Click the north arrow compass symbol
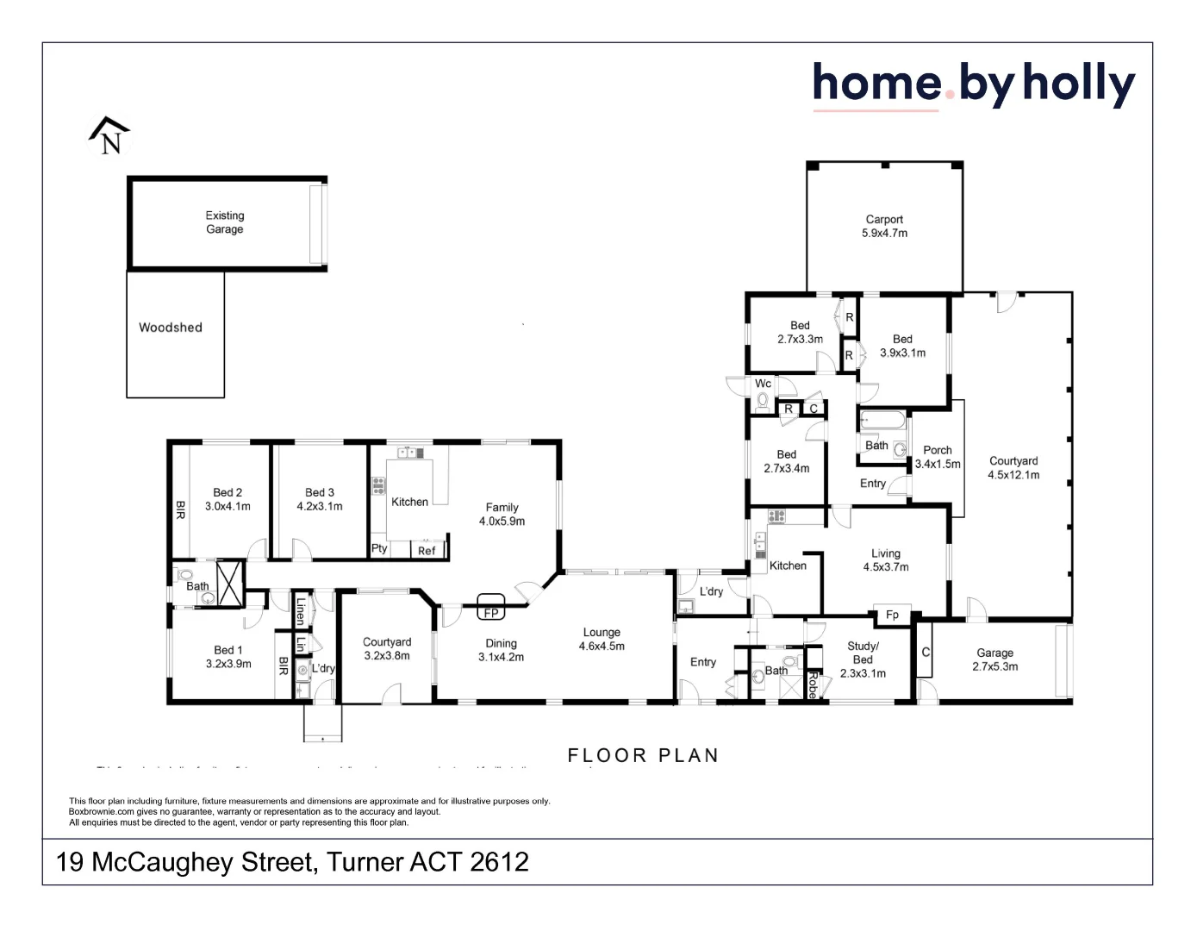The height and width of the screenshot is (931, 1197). (109, 136)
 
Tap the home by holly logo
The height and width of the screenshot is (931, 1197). (973, 84)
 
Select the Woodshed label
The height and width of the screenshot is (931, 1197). (171, 328)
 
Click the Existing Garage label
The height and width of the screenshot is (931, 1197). (224, 222)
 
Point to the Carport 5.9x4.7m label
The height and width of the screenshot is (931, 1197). (884, 227)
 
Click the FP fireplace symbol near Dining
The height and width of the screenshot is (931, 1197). (490, 613)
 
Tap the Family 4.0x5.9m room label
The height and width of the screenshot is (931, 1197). (502, 515)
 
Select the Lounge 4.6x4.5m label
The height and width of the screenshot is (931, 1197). (602, 640)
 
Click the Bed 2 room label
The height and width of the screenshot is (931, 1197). (228, 499)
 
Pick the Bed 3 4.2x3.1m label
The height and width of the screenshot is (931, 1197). (320, 499)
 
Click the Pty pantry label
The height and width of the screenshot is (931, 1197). (379, 548)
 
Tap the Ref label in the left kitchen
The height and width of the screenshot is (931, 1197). (427, 551)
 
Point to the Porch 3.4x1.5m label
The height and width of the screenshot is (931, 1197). (938, 457)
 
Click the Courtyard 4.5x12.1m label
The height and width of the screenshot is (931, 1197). (1013, 468)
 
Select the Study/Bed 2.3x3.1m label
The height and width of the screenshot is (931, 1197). (863, 659)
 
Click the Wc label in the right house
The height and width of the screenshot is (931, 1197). (763, 384)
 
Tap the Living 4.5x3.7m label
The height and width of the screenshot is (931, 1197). (886, 560)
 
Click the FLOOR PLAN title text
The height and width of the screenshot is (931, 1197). (643, 755)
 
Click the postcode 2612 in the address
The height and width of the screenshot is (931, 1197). (499, 862)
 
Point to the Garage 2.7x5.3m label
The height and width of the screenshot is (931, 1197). (994, 659)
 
